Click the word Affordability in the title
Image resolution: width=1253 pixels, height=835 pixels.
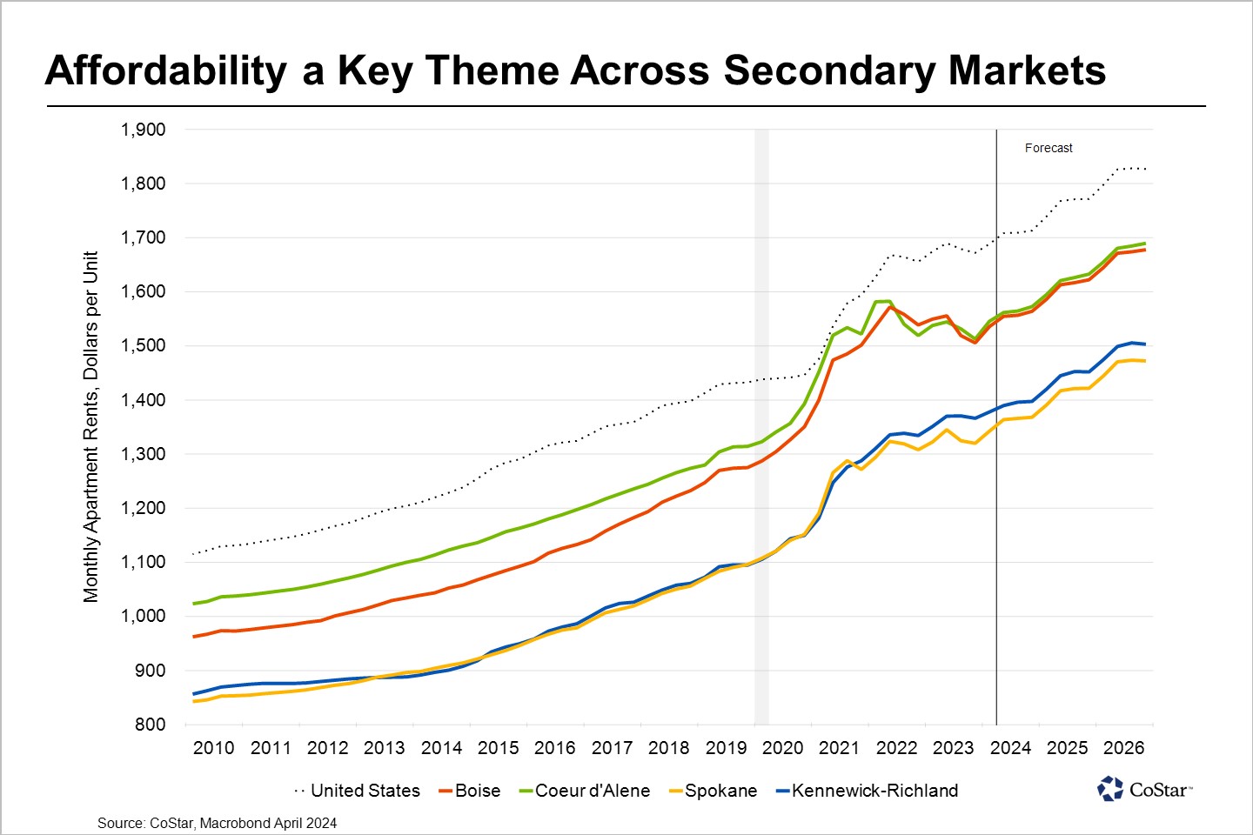165,71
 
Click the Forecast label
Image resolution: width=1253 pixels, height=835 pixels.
1049,148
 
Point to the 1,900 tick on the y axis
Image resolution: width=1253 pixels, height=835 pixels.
144,130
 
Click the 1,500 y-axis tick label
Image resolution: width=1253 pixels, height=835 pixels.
144,345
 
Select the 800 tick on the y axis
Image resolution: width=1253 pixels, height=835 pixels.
150,724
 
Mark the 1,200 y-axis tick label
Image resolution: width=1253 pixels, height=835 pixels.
144,508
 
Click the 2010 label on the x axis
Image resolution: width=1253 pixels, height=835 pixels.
214,748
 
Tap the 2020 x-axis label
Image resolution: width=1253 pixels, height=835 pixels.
783,748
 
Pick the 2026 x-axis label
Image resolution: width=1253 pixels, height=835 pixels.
1123,748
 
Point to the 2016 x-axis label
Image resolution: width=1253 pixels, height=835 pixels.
555,748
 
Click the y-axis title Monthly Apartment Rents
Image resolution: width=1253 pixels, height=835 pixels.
91,426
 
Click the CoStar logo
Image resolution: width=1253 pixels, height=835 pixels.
1144,789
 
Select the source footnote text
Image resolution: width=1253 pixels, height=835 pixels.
217,823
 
